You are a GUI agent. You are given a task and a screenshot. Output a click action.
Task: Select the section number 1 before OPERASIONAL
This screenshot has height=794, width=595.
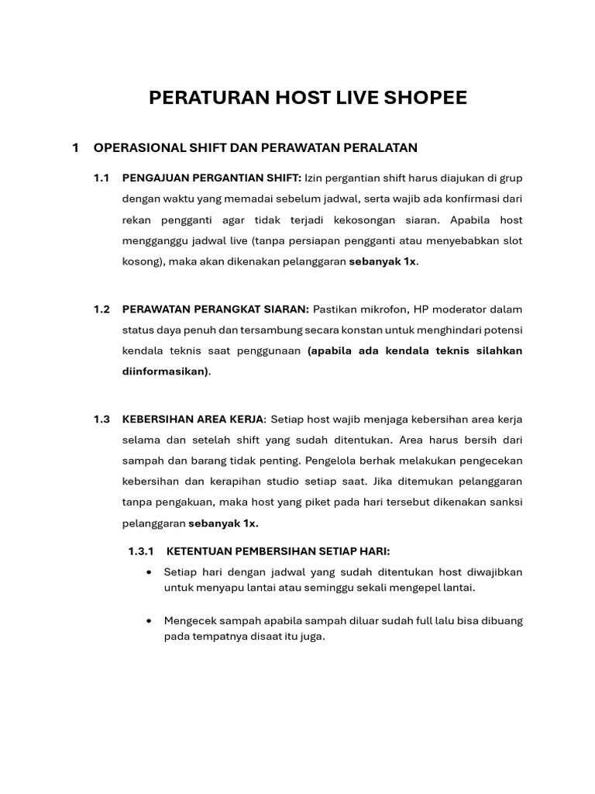(75, 147)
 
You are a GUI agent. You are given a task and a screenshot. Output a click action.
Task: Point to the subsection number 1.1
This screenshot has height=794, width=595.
(101, 178)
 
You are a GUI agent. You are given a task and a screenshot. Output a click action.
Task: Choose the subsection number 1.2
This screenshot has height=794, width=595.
(101, 309)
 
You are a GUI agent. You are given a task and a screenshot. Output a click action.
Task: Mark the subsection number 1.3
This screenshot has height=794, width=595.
(101, 419)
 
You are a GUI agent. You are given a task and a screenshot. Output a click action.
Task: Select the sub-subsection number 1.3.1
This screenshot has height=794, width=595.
(141, 551)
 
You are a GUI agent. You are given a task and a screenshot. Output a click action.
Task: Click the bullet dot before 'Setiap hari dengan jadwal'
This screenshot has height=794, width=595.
(149, 572)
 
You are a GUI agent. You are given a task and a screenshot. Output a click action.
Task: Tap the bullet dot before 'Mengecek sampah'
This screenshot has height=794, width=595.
(149, 621)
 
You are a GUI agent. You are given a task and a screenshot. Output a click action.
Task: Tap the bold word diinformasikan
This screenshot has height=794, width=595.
(165, 371)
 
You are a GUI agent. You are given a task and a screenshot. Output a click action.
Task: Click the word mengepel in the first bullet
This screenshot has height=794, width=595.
(422, 588)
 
